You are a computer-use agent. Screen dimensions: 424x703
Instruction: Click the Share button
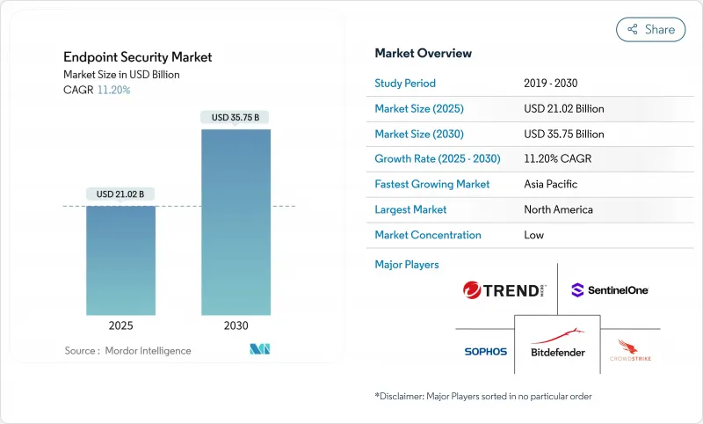[x=650, y=29]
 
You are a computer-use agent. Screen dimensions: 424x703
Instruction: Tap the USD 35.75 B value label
[x=236, y=117]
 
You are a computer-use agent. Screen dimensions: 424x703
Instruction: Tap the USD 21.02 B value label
[x=120, y=194]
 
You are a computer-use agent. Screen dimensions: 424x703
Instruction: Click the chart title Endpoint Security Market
[x=138, y=57]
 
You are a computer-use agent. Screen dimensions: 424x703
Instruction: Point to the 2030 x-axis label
[x=236, y=325]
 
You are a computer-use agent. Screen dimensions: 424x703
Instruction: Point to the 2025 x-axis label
[x=120, y=325]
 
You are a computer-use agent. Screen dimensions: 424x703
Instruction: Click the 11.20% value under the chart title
[x=112, y=90]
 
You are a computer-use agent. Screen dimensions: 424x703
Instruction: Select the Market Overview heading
[x=424, y=54]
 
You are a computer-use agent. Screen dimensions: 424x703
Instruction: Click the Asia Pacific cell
[x=552, y=185]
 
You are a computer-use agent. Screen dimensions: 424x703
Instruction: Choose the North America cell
[x=558, y=209]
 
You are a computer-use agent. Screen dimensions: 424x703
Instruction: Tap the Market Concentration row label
[x=428, y=235]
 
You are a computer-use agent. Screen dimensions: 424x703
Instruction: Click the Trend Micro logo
[x=504, y=290]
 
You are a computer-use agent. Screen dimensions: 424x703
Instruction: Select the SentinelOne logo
[x=609, y=289]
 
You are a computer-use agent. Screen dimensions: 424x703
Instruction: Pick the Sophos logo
[x=486, y=352]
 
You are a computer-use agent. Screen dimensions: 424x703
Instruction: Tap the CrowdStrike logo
[x=634, y=351]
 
